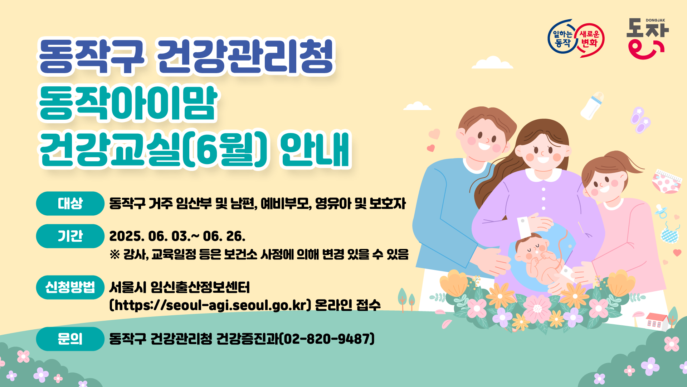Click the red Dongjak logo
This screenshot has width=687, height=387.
[x=647, y=39]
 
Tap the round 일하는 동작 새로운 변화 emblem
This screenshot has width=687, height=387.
[x=576, y=38]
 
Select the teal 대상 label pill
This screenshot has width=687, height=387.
[x=70, y=203]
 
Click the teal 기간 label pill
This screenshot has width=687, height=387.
[x=70, y=236]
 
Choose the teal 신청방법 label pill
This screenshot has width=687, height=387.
[x=70, y=287]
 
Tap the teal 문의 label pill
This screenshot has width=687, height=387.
[x=70, y=339]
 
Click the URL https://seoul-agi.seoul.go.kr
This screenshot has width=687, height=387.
[x=210, y=305]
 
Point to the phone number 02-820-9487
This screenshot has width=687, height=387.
[x=326, y=339]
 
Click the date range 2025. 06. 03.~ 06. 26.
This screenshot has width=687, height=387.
[x=177, y=236]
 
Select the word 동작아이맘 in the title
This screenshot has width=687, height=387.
[x=128, y=103]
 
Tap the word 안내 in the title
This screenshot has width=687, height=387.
[x=315, y=149]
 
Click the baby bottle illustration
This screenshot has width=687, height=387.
[x=592, y=106]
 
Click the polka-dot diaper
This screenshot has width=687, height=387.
[x=666, y=182]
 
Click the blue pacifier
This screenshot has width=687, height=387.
[x=661, y=211]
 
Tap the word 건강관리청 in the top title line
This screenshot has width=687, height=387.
[x=245, y=57]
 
